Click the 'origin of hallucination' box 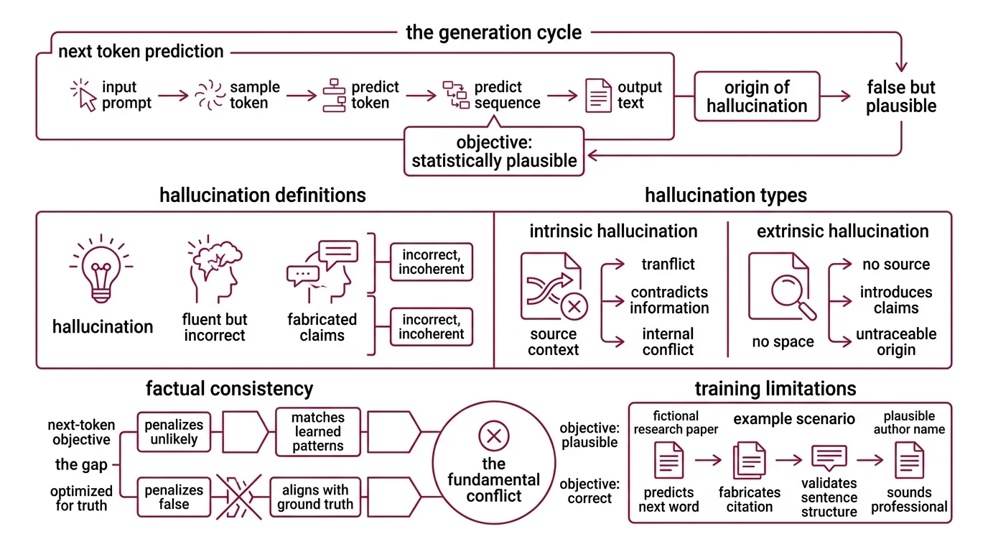click(757, 97)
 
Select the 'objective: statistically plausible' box click(494, 152)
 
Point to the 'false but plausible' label click(900, 97)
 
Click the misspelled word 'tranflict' click(668, 264)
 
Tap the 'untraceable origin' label click(895, 342)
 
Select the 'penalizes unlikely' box click(174, 431)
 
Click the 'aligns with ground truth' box click(315, 497)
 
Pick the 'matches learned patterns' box click(317, 432)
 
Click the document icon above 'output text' click(598, 96)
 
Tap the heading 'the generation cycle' click(493, 32)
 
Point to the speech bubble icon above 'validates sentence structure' click(829, 458)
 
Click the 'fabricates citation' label click(749, 500)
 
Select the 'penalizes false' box click(174, 497)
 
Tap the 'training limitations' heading click(775, 389)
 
